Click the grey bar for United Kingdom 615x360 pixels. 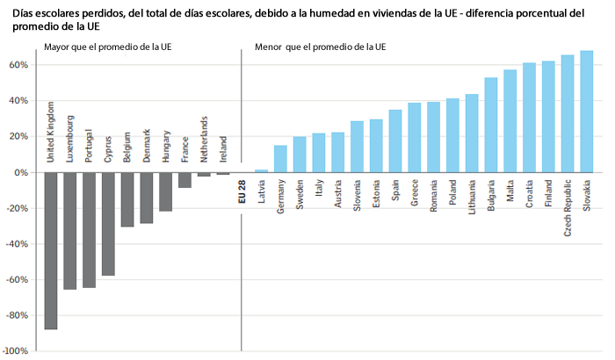pyautogui.click(x=51, y=250)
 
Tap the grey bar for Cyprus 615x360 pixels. pyautogui.click(x=109, y=224)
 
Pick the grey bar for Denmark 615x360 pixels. pyautogui.click(x=147, y=198)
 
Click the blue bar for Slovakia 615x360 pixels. pyautogui.click(x=586, y=112)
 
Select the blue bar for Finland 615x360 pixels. pyautogui.click(x=548, y=117)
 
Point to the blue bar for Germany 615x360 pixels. pyautogui.click(x=280, y=159)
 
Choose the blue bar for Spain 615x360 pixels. pyautogui.click(x=395, y=141)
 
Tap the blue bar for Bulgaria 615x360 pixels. pyautogui.click(x=490, y=126)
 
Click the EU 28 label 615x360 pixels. pyautogui.click(x=242, y=191)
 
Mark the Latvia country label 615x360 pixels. pyautogui.click(x=262, y=192)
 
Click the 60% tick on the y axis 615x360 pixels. pyautogui.click(x=19, y=65)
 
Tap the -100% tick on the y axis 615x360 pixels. pyautogui.click(x=17, y=351)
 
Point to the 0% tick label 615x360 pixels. pyautogui.click(x=23, y=172)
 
